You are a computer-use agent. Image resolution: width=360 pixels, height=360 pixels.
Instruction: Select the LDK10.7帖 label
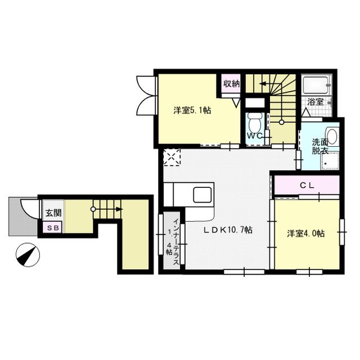click(x=228, y=230)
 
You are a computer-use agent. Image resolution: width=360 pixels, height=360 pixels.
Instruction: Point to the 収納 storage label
click(x=231, y=84)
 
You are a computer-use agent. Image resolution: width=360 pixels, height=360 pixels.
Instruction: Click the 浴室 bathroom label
click(x=316, y=102)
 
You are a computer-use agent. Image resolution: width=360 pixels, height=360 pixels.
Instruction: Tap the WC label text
click(x=253, y=136)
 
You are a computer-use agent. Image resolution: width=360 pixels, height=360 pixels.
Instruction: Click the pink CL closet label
click(x=307, y=184)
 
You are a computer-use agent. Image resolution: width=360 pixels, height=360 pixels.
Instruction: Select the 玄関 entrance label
click(x=53, y=213)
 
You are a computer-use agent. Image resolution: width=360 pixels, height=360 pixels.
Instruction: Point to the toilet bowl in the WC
click(x=254, y=120)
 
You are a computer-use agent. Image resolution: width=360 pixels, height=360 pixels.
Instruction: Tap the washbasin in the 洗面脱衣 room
click(x=331, y=137)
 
